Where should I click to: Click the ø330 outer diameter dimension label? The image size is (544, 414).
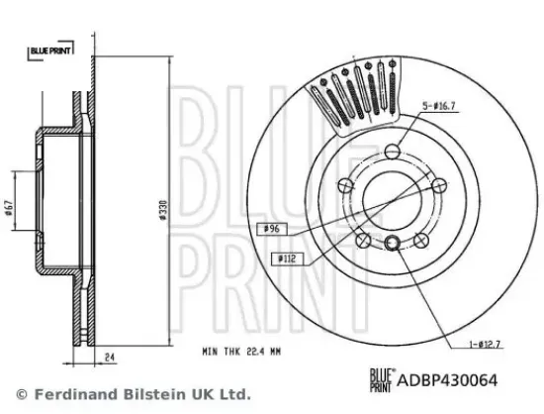(x=163, y=210)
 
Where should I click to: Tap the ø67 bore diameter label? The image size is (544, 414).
(x=9, y=208)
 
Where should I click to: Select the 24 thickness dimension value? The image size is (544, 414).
(x=110, y=357)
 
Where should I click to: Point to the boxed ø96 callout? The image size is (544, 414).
(x=272, y=229)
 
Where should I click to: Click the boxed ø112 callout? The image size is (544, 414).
(x=288, y=259)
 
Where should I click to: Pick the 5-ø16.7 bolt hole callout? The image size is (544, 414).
(x=438, y=106)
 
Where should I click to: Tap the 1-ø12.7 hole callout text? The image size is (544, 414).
(x=485, y=345)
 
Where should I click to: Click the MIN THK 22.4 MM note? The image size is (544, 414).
(x=241, y=352)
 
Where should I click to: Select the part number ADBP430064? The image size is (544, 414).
(x=447, y=380)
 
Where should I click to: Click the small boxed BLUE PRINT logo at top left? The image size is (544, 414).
(x=50, y=51)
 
